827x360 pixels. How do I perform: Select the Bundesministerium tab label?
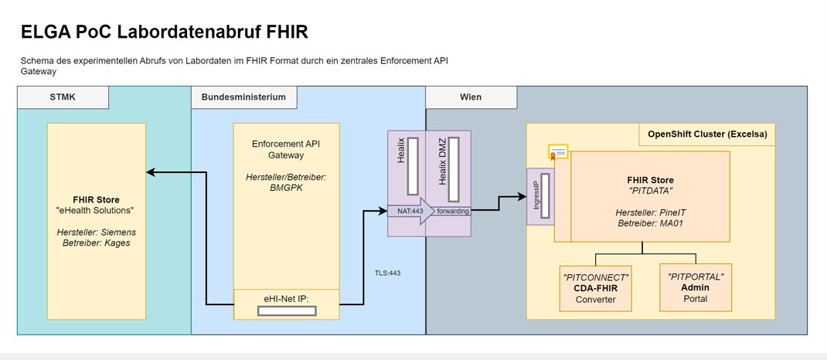tap(243, 97)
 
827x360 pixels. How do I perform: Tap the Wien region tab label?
tap(471, 97)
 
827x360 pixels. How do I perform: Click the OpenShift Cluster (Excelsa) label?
tap(707, 134)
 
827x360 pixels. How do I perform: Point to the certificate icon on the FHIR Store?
tap(559, 151)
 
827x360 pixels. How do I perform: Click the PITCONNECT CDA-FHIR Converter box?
tap(596, 287)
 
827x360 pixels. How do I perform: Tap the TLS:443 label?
tap(388, 273)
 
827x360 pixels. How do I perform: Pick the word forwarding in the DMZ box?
tap(454, 210)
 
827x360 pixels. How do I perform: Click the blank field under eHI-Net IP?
tap(286, 311)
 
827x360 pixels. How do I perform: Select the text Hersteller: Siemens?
tap(96, 232)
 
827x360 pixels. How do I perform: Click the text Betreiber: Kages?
tap(96, 243)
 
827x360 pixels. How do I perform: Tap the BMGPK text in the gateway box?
tap(286, 188)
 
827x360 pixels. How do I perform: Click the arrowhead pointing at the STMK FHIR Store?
tap(151, 172)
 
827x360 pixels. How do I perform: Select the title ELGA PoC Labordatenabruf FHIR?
tap(165, 33)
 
